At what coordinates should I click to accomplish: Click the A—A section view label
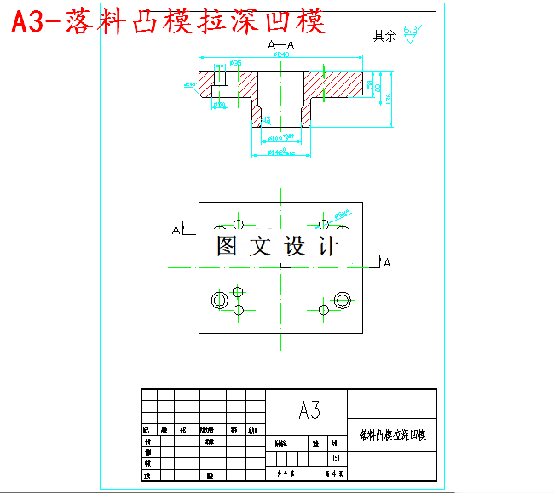[x=280, y=44]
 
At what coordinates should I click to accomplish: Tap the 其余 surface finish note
[x=384, y=36]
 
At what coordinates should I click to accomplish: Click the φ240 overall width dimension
[x=280, y=54]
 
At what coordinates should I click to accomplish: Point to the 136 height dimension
[x=389, y=98]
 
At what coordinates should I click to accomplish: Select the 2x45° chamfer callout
[x=189, y=84]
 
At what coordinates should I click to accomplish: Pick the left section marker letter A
[x=176, y=230]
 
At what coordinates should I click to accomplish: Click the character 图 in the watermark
[x=228, y=247]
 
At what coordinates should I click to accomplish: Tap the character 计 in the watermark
[x=326, y=247]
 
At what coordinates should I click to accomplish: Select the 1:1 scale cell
[x=336, y=458]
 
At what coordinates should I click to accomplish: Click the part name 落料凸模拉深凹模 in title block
[x=392, y=435]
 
